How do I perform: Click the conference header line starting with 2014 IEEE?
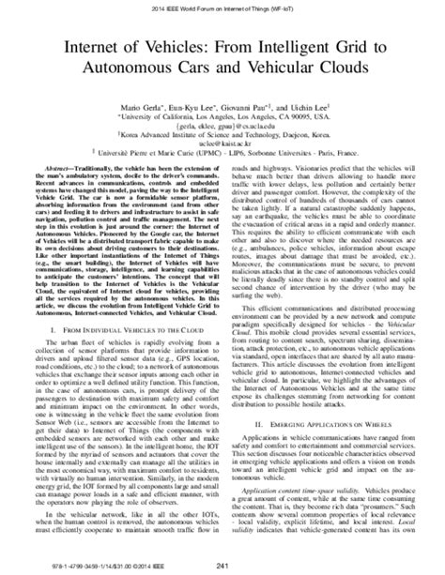(222, 7)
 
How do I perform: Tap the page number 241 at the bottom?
(222, 563)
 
